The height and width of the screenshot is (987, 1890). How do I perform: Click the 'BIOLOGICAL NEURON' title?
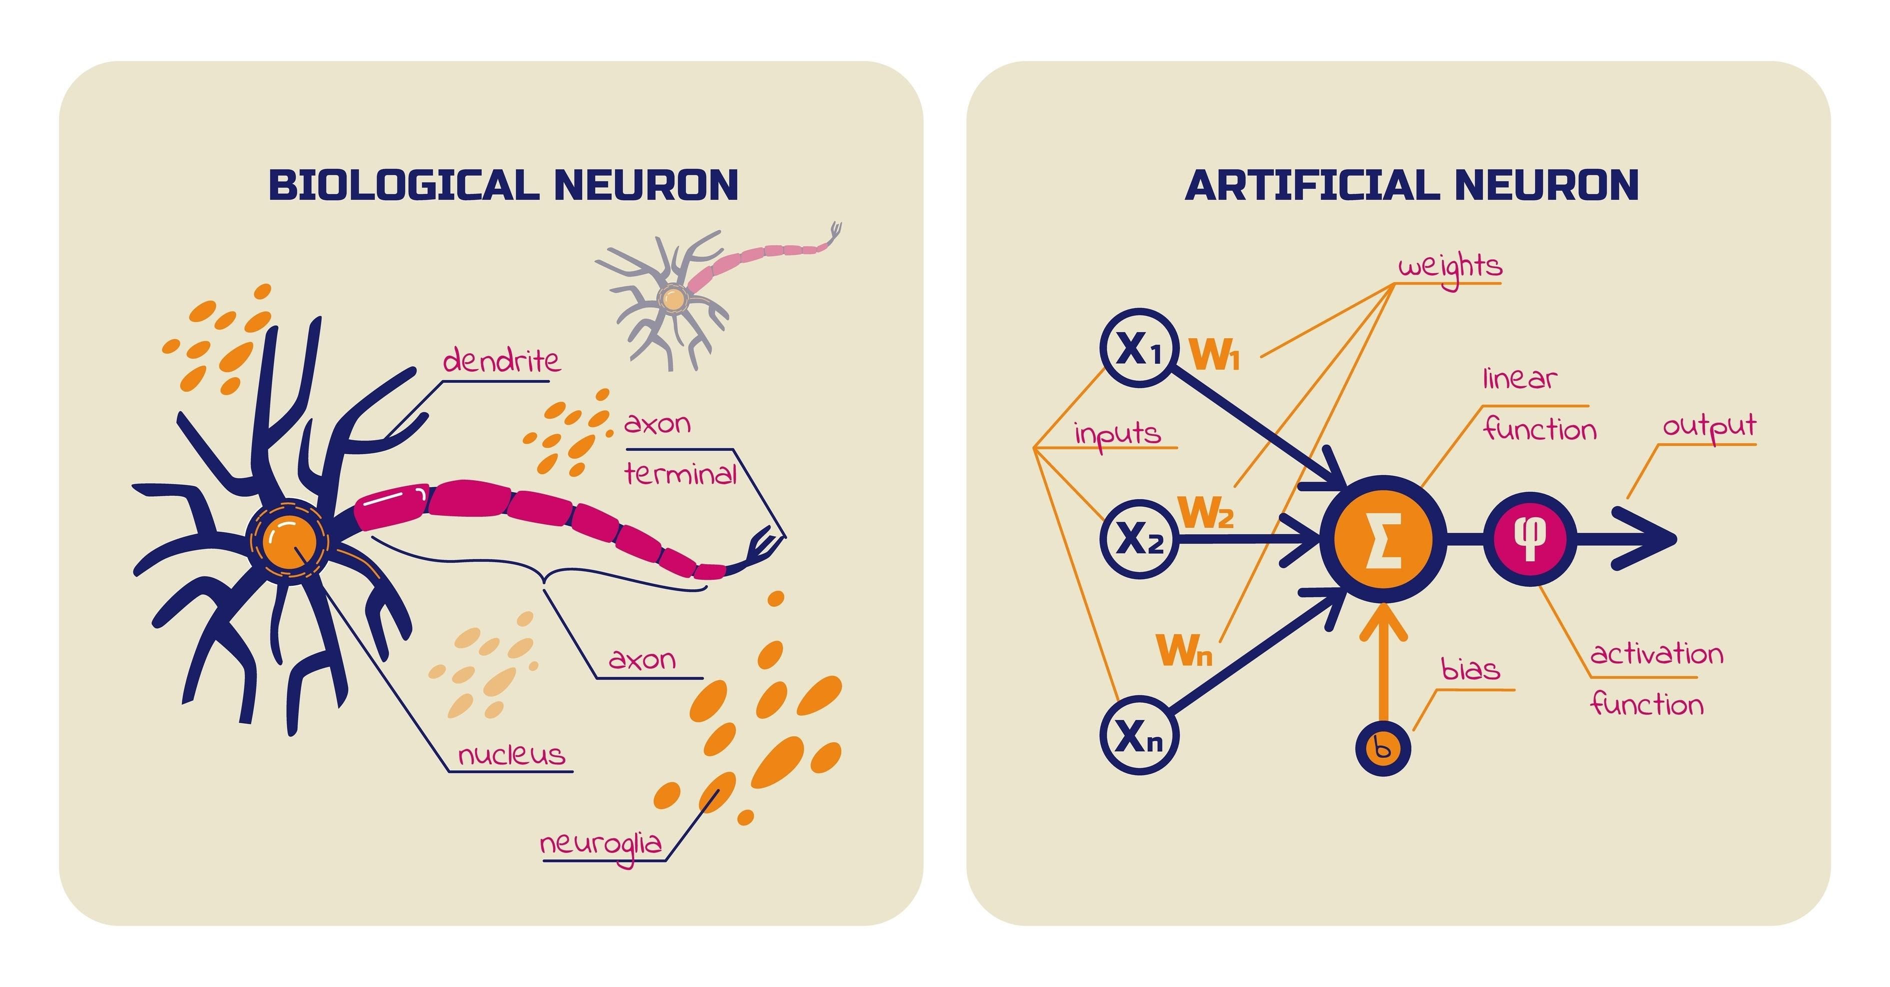pyautogui.click(x=503, y=185)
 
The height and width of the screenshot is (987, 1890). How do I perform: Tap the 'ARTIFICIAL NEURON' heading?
pyautogui.click(x=1412, y=185)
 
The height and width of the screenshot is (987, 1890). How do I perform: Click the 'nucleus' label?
pyautogui.click(x=512, y=755)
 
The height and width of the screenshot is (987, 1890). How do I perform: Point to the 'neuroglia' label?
pyautogui.click(x=601, y=844)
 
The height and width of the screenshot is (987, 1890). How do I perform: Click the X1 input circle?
pyautogui.click(x=1139, y=348)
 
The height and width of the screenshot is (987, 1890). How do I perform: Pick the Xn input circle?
pyautogui.click(x=1139, y=734)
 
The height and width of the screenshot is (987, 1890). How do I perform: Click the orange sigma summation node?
pyautogui.click(x=1382, y=539)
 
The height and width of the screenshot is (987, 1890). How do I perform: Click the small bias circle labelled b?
pyautogui.click(x=1382, y=748)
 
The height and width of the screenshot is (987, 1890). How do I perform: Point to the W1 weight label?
pyautogui.click(x=1215, y=355)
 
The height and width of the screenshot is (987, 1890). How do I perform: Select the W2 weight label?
pyautogui.click(x=1205, y=512)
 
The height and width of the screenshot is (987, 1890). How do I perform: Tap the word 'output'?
pyautogui.click(x=1709, y=426)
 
